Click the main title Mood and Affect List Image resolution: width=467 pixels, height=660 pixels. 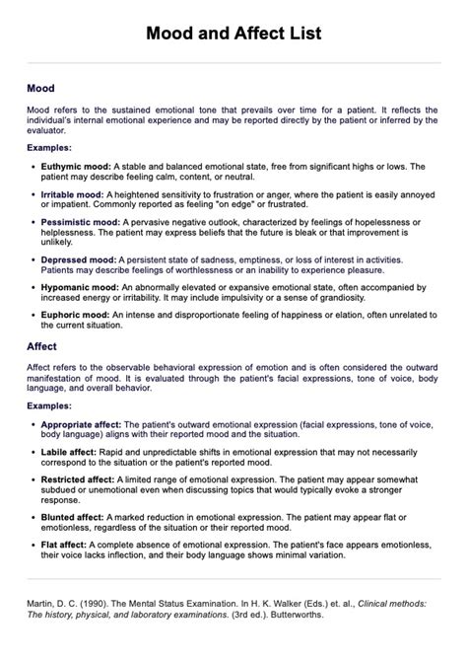(x=233, y=34)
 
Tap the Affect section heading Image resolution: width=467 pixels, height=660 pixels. (x=42, y=347)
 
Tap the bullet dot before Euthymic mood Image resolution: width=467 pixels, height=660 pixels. (x=33, y=168)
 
